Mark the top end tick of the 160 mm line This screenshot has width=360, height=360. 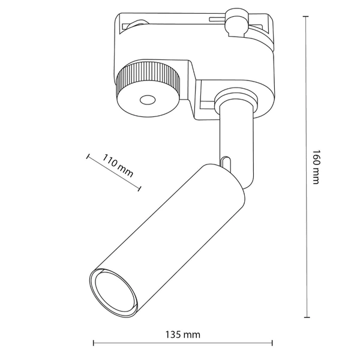point(307,17)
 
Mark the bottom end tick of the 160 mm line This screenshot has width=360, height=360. point(307,317)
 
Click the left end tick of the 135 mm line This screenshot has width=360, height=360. point(94,344)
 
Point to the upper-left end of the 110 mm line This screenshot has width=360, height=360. point(88,156)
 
